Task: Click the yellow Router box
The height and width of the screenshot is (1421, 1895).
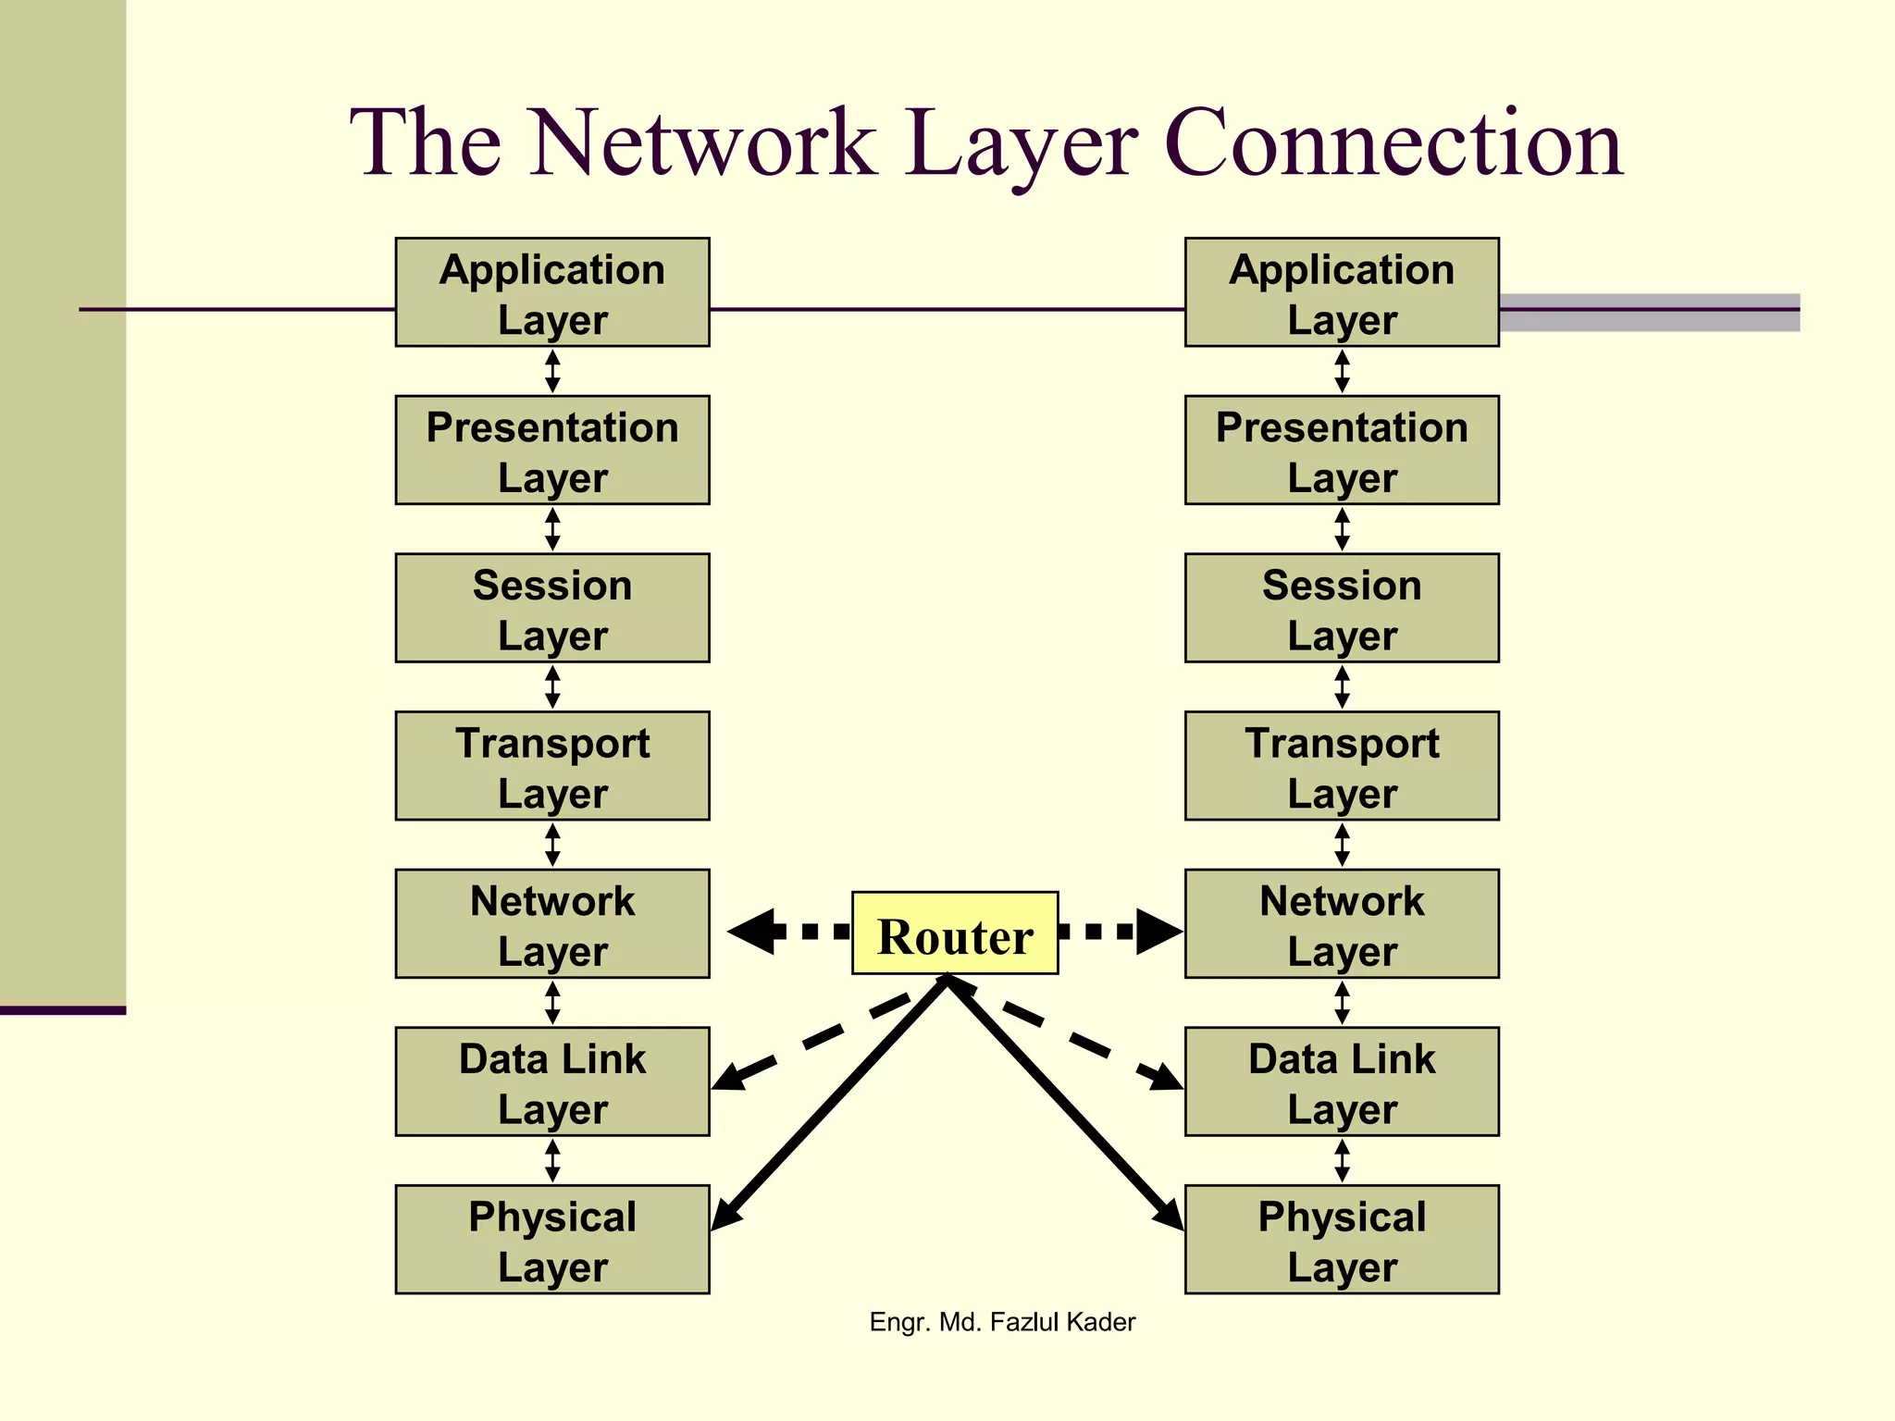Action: pyautogui.click(x=954, y=933)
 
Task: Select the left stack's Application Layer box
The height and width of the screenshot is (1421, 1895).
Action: pyautogui.click(x=552, y=292)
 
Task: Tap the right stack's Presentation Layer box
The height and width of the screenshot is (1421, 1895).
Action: pyautogui.click(x=1342, y=450)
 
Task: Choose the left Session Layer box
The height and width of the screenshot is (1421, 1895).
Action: pyautogui.click(x=552, y=608)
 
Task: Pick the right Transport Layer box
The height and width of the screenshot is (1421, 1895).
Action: pyautogui.click(x=1342, y=765)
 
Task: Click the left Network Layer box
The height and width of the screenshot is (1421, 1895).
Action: pyautogui.click(x=552, y=923)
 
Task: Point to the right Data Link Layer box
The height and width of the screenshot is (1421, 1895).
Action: pyautogui.click(x=1342, y=1081)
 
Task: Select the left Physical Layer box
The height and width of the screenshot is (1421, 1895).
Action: pyautogui.click(x=552, y=1239)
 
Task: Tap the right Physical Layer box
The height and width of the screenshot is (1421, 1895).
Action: pyautogui.click(x=1342, y=1239)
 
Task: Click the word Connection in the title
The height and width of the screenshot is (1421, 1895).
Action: pyautogui.click(x=1393, y=143)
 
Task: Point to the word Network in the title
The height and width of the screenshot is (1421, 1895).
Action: pyautogui.click(x=703, y=143)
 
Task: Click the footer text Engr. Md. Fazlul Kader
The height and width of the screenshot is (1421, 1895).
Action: pyautogui.click(x=1002, y=1322)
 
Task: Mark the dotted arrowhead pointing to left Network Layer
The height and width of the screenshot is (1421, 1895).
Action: pyautogui.click(x=751, y=932)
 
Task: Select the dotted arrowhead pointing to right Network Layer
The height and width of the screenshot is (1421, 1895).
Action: pyautogui.click(x=1158, y=932)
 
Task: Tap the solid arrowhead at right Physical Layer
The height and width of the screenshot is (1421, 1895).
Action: pyautogui.click(x=1170, y=1214)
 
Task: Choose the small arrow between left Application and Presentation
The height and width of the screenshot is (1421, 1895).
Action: pyautogui.click(x=552, y=371)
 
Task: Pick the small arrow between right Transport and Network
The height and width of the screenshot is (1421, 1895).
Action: pyautogui.click(x=1342, y=845)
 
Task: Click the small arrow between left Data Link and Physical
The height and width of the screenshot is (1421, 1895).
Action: pyautogui.click(x=552, y=1160)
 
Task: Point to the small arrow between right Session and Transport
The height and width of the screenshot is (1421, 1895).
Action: pyautogui.click(x=1342, y=686)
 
